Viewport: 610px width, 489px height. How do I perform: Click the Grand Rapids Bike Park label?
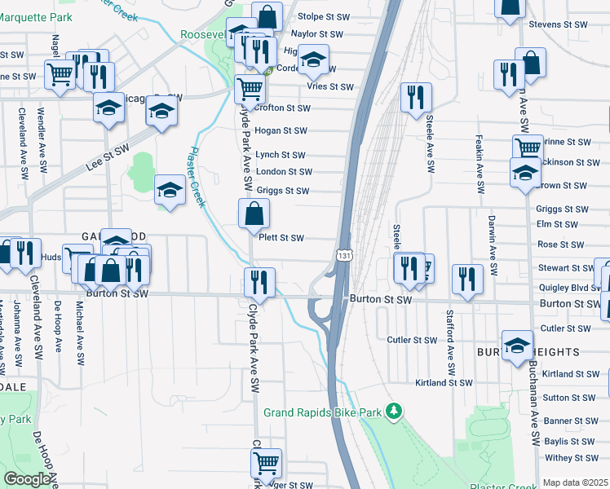click(x=322, y=412)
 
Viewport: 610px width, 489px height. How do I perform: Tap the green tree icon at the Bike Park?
click(x=395, y=411)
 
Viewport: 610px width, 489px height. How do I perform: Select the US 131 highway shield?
click(x=345, y=255)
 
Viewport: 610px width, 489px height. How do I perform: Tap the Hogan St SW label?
click(x=281, y=130)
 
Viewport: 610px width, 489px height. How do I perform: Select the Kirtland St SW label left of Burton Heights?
click(x=443, y=382)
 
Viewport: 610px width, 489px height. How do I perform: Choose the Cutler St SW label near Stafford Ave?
click(x=413, y=340)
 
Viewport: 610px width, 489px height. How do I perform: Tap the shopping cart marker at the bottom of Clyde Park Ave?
click(x=266, y=464)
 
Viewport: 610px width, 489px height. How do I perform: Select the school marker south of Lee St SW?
click(x=170, y=191)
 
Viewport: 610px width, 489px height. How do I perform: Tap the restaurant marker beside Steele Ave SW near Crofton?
click(x=416, y=98)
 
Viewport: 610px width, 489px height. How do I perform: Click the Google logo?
click(x=27, y=479)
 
